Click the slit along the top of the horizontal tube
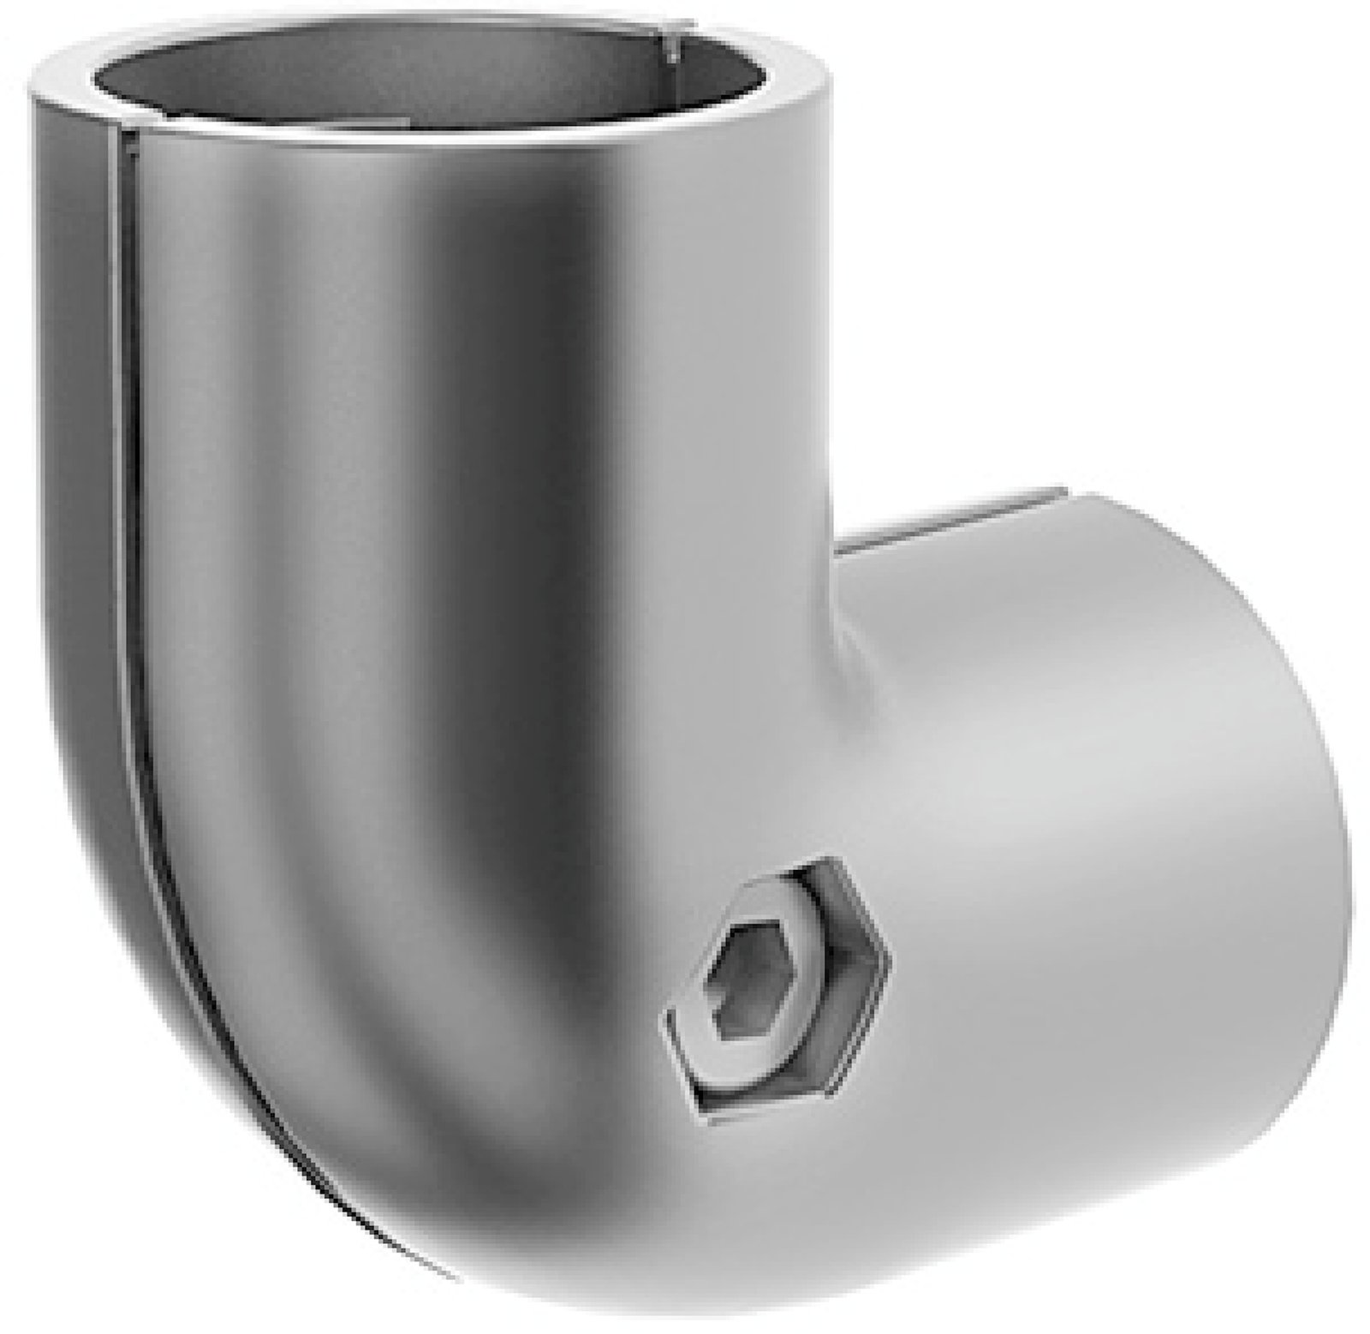(942, 522)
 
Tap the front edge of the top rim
(428, 141)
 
